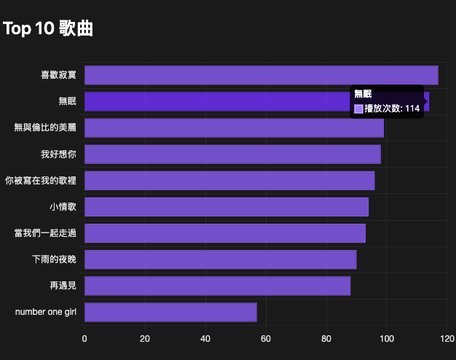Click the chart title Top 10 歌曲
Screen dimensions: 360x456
[48, 28]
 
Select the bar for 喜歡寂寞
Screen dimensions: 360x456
[261, 75]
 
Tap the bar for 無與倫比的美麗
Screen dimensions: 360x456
[234, 128]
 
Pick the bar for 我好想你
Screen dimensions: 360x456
[232, 154]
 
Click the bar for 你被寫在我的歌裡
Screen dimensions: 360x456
[229, 181]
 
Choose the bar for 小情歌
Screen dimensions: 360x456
[227, 207]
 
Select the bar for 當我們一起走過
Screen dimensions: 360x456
[225, 233]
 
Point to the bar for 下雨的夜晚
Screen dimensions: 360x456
[221, 259]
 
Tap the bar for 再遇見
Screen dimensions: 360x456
[217, 286]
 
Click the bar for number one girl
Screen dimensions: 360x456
[170, 312]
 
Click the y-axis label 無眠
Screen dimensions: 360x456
[67, 101]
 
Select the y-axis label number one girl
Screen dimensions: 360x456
[45, 312]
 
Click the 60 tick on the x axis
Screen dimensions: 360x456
[266, 338]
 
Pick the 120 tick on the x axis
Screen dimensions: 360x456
[447, 338]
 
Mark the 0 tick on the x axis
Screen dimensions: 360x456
[84, 338]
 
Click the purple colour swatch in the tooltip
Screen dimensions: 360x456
[358, 109]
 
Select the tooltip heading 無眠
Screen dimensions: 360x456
[363, 94]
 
